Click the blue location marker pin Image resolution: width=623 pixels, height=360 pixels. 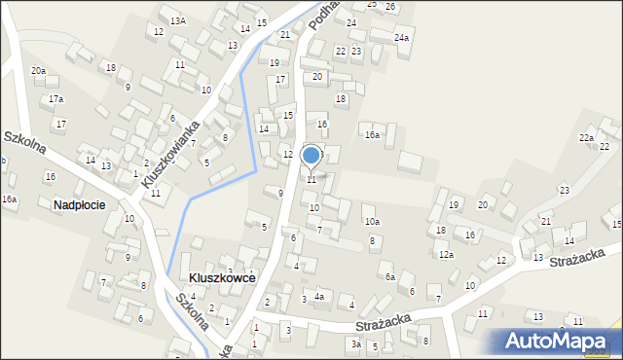311,155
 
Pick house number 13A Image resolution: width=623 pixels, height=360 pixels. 177,20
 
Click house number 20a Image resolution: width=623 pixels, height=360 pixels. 38,71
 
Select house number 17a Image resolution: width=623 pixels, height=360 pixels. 56,99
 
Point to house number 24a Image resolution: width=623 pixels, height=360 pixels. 401,38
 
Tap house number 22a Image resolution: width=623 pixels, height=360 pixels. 586,138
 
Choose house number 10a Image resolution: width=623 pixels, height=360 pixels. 372,221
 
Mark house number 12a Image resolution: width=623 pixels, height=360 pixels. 445,254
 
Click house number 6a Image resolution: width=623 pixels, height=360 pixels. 389,276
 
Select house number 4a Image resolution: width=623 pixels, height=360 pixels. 318,296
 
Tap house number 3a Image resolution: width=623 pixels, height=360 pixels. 356,343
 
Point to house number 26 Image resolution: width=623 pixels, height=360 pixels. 390,7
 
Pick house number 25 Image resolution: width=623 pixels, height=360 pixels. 371,4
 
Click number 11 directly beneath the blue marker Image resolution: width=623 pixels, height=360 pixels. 311,179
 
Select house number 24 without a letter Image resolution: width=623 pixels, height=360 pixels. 351,22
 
